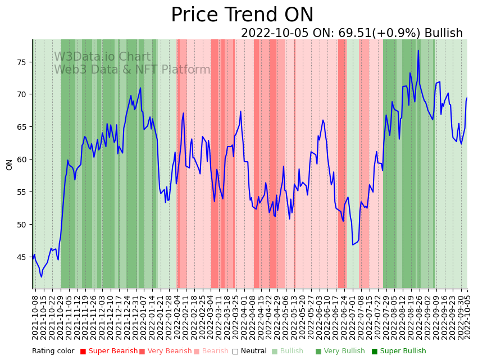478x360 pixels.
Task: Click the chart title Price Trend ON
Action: pyautogui.click(x=242, y=15)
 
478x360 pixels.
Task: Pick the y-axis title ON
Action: pyautogui.click(x=10, y=164)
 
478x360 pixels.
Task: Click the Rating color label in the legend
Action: pyautogui.click(x=53, y=352)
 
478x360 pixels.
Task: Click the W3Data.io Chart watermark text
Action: pyautogui.click(x=102, y=57)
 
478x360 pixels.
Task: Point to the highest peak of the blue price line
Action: pyautogui.click(x=418, y=51)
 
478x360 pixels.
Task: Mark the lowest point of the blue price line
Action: pyautogui.click(x=41, y=277)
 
